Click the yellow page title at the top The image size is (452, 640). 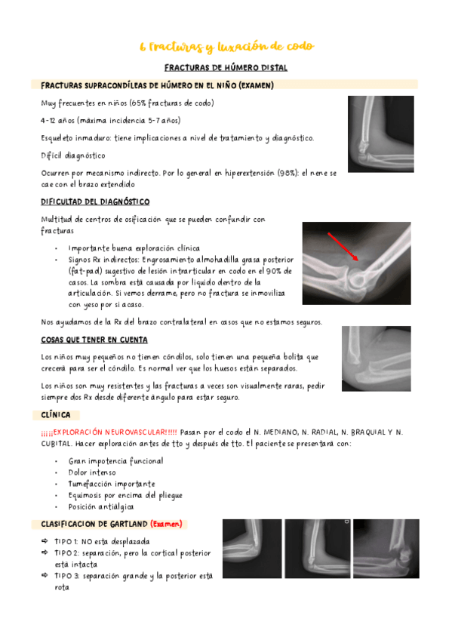click(x=226, y=47)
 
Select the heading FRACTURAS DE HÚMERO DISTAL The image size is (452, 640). click(x=226, y=68)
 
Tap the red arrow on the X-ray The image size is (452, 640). click(x=342, y=249)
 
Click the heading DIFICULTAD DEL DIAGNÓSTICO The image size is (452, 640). click(x=95, y=202)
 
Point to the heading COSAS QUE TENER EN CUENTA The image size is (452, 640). click(x=94, y=340)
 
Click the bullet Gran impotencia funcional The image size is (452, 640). click(x=115, y=460)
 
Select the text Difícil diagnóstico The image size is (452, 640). click(x=73, y=155)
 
